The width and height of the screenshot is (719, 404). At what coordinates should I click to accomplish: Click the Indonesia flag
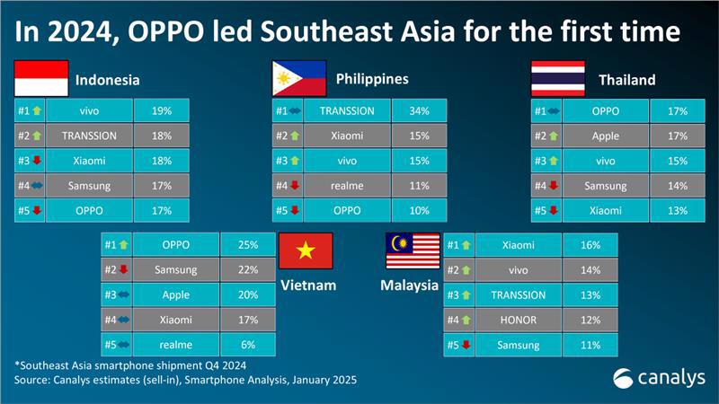(x=41, y=78)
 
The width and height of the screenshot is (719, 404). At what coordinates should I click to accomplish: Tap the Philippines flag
(x=299, y=78)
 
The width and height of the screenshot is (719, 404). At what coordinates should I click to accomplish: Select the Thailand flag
(x=558, y=78)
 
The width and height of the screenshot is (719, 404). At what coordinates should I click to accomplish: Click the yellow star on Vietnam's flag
(x=306, y=250)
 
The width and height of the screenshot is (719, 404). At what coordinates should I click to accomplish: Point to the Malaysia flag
(x=413, y=250)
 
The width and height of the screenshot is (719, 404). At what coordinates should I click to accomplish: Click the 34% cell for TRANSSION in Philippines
(x=419, y=110)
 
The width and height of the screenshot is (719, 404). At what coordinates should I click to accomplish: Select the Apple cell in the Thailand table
(x=605, y=136)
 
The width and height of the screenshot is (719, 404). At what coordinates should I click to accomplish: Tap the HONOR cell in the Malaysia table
(x=519, y=320)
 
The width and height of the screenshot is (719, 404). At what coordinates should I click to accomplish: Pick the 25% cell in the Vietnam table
(x=248, y=244)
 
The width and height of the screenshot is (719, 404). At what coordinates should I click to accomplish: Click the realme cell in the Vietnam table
(x=175, y=345)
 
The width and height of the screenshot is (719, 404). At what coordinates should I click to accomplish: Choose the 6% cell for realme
(x=248, y=345)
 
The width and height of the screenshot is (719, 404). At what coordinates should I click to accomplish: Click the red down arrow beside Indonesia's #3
(x=37, y=161)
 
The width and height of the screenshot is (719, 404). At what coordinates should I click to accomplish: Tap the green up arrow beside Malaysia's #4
(x=466, y=320)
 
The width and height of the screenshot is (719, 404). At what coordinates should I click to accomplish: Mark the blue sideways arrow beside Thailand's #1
(x=554, y=110)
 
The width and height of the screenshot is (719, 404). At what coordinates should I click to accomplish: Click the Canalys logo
(x=659, y=378)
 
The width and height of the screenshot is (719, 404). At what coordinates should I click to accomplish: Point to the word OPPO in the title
(x=165, y=31)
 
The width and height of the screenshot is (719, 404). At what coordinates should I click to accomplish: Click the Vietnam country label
(x=308, y=285)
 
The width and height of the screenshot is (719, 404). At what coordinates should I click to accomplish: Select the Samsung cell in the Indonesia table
(x=89, y=186)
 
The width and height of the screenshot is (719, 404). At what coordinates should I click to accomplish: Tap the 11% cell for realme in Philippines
(x=419, y=186)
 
